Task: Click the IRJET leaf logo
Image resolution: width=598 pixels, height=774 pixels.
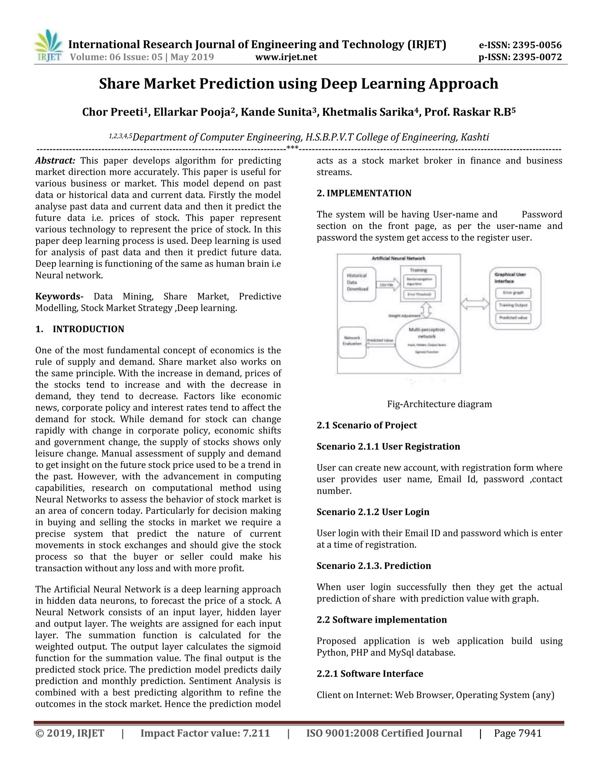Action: [x=48, y=46]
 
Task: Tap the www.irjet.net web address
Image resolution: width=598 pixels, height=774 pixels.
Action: [x=286, y=57]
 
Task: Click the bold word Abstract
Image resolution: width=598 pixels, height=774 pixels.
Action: [x=55, y=161]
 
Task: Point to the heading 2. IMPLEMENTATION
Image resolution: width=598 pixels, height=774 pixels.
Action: [x=364, y=193]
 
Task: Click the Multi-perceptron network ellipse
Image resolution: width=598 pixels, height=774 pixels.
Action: [x=427, y=342]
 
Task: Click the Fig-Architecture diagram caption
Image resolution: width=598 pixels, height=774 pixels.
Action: [x=439, y=404]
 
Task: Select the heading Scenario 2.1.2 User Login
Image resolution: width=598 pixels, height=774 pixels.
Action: [x=373, y=512]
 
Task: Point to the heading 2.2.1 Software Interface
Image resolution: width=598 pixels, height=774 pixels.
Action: [x=370, y=674]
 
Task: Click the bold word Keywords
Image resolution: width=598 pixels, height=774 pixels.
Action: [x=58, y=296]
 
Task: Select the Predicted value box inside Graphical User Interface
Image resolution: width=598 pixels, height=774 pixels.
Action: [x=513, y=318]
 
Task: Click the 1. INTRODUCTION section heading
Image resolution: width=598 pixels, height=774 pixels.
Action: [x=80, y=329]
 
